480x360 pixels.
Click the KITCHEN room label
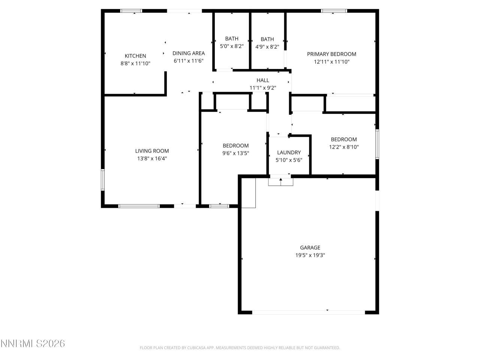(x=135, y=56)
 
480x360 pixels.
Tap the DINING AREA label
(x=189, y=53)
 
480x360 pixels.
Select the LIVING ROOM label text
(x=152, y=151)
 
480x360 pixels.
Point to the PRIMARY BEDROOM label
(x=331, y=54)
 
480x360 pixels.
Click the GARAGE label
(x=310, y=247)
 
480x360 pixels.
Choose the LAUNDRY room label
(x=289, y=152)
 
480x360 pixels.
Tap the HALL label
(x=262, y=80)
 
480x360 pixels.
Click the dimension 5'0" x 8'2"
(x=232, y=46)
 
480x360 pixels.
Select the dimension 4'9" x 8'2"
(x=267, y=47)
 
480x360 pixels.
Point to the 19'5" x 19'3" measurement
(x=310, y=255)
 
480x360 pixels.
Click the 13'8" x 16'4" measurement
(x=152, y=159)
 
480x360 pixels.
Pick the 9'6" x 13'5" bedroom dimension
(x=235, y=153)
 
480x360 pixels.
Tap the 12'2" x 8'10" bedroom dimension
(x=344, y=147)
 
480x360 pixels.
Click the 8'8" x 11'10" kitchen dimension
(x=135, y=64)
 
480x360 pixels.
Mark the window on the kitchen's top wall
(x=131, y=11)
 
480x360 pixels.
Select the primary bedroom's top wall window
(x=334, y=11)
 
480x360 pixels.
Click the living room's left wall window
(x=103, y=180)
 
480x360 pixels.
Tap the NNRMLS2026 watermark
(x=33, y=343)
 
